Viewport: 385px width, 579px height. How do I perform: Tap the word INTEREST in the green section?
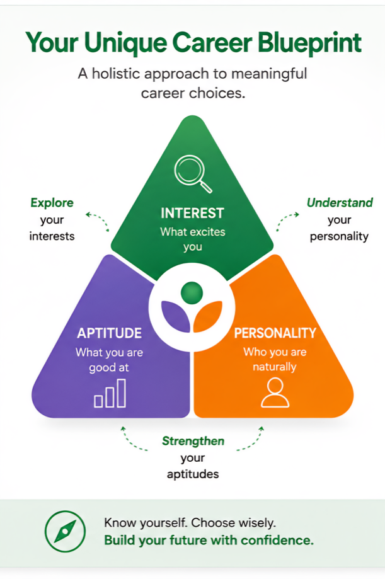(193, 213)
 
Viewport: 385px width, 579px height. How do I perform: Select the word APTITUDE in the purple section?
(110, 333)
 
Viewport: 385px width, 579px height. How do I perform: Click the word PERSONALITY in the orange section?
(275, 333)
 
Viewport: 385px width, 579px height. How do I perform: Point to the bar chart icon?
(110, 393)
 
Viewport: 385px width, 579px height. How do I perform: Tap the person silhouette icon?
(275, 393)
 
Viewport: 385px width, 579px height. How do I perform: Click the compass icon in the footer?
(65, 531)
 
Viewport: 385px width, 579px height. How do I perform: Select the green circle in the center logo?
(192, 293)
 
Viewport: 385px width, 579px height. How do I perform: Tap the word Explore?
(52, 203)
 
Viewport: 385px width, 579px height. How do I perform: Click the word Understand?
(340, 203)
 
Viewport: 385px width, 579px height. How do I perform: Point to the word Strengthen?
(193, 441)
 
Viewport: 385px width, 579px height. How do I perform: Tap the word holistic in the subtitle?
(117, 73)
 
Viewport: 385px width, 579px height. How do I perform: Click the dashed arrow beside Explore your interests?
(98, 221)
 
